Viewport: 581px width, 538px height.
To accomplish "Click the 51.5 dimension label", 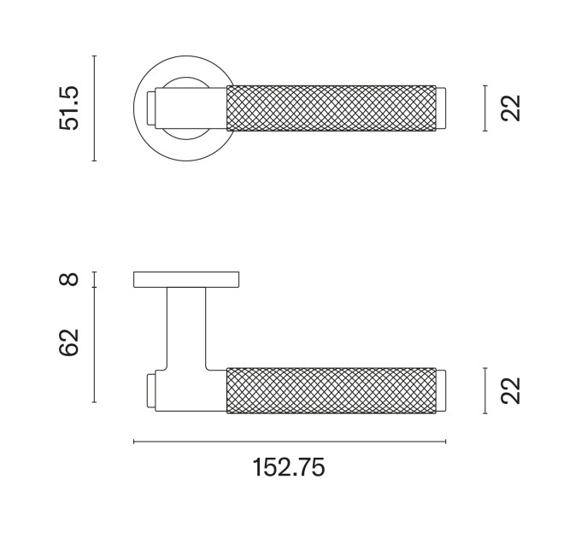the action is (69, 108).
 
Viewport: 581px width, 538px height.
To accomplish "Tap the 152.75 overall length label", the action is (289, 468).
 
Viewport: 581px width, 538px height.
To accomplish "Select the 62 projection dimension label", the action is (69, 342).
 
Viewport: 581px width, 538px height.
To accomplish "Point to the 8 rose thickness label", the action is (69, 279).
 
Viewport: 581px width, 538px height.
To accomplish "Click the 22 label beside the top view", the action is (511, 108).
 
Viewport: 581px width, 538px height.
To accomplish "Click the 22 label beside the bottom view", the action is (511, 390).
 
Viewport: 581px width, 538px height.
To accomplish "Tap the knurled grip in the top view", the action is (332, 108).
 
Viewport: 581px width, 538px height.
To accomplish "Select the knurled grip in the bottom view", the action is (332, 390).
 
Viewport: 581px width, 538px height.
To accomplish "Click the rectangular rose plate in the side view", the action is (186, 279).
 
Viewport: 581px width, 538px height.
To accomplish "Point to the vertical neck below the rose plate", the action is (186, 328).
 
